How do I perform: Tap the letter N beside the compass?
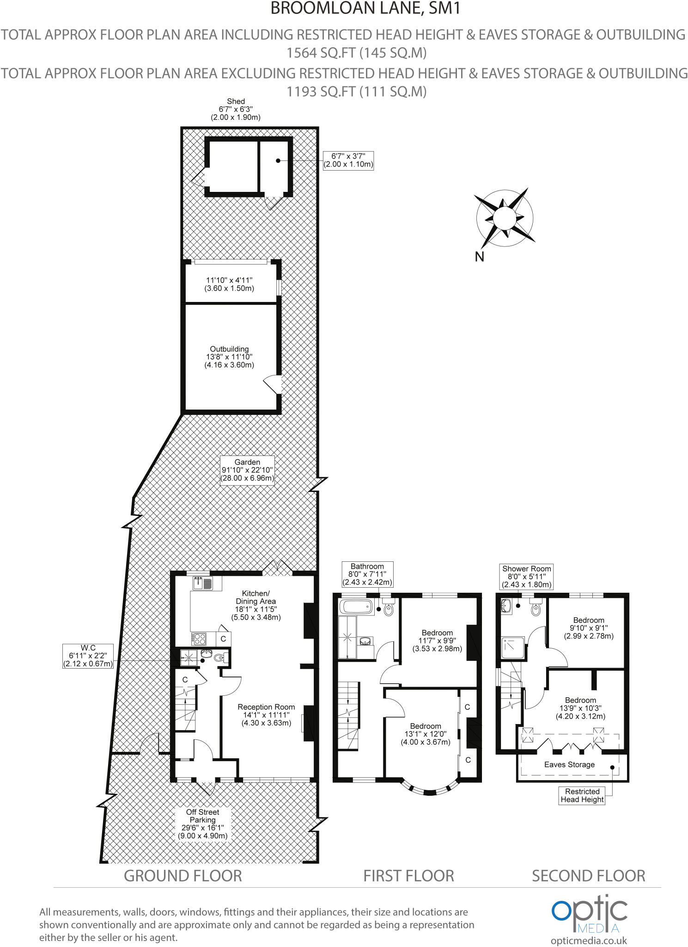[x=479, y=257]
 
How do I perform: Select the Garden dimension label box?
[x=247, y=470]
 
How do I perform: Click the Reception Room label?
[x=266, y=715]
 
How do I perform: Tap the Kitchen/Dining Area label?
[x=256, y=605]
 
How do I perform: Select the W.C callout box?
[x=88, y=656]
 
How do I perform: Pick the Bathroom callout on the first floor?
[x=367, y=574]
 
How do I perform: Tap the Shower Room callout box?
[x=527, y=576]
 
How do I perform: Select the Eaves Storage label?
[x=569, y=764]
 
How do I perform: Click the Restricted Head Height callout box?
[x=582, y=795]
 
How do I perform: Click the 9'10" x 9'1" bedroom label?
[x=589, y=628]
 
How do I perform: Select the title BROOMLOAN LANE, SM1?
[x=365, y=8]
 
